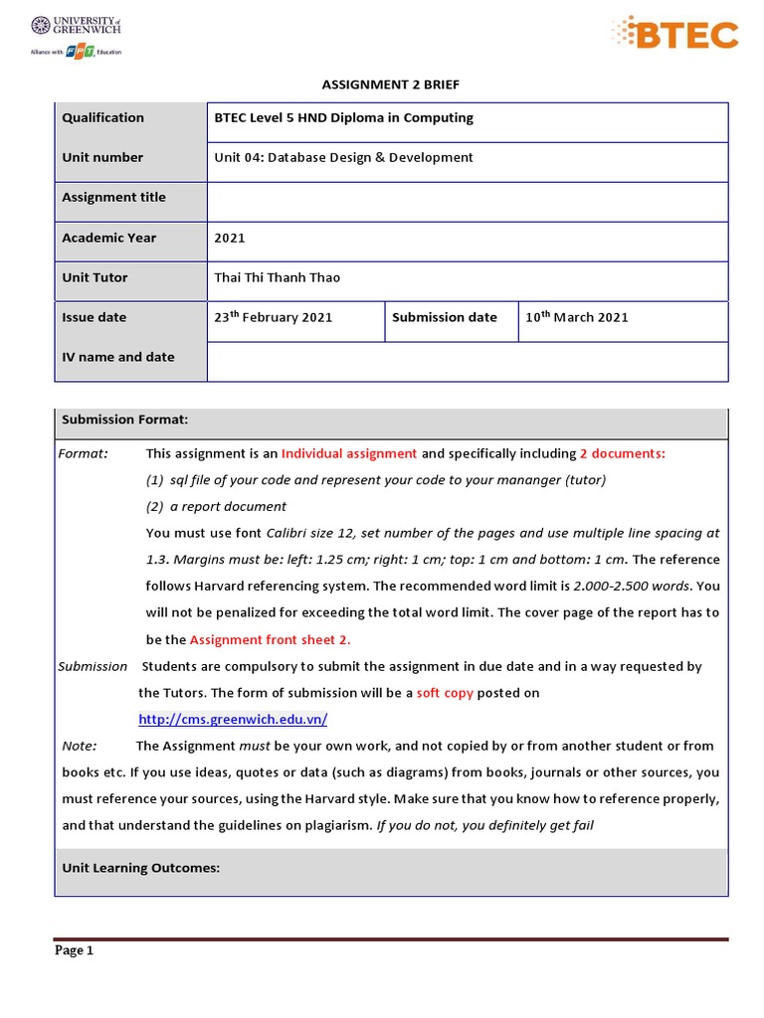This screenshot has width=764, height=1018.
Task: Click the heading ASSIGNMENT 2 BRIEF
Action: [390, 85]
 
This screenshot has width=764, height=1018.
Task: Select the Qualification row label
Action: [102, 117]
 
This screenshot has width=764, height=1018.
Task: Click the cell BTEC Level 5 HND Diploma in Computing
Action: [344, 117]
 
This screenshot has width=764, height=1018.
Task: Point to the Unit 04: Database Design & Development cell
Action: [344, 157]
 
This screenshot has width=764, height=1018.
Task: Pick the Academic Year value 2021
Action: [230, 238]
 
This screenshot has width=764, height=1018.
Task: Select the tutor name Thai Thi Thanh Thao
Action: [278, 277]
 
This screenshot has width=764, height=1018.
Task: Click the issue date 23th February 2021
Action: [274, 317]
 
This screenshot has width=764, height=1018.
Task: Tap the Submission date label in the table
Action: [445, 317]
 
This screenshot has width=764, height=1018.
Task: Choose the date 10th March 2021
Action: [577, 317]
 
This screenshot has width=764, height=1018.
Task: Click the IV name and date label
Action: [117, 357]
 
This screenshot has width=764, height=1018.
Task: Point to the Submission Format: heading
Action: [125, 420]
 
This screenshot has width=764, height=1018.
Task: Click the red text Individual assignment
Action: [349, 453]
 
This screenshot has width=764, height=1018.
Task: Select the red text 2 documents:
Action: [623, 453]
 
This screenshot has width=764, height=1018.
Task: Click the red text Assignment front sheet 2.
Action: [270, 639]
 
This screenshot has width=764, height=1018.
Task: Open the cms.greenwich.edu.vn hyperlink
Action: [233, 719]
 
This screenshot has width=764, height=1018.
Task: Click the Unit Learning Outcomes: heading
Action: [140, 868]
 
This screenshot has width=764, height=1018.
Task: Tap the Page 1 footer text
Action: [74, 950]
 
